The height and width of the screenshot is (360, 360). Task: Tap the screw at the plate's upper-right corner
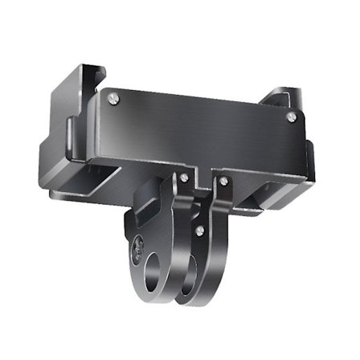[291, 117]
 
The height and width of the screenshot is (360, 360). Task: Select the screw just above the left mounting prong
[184, 176]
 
